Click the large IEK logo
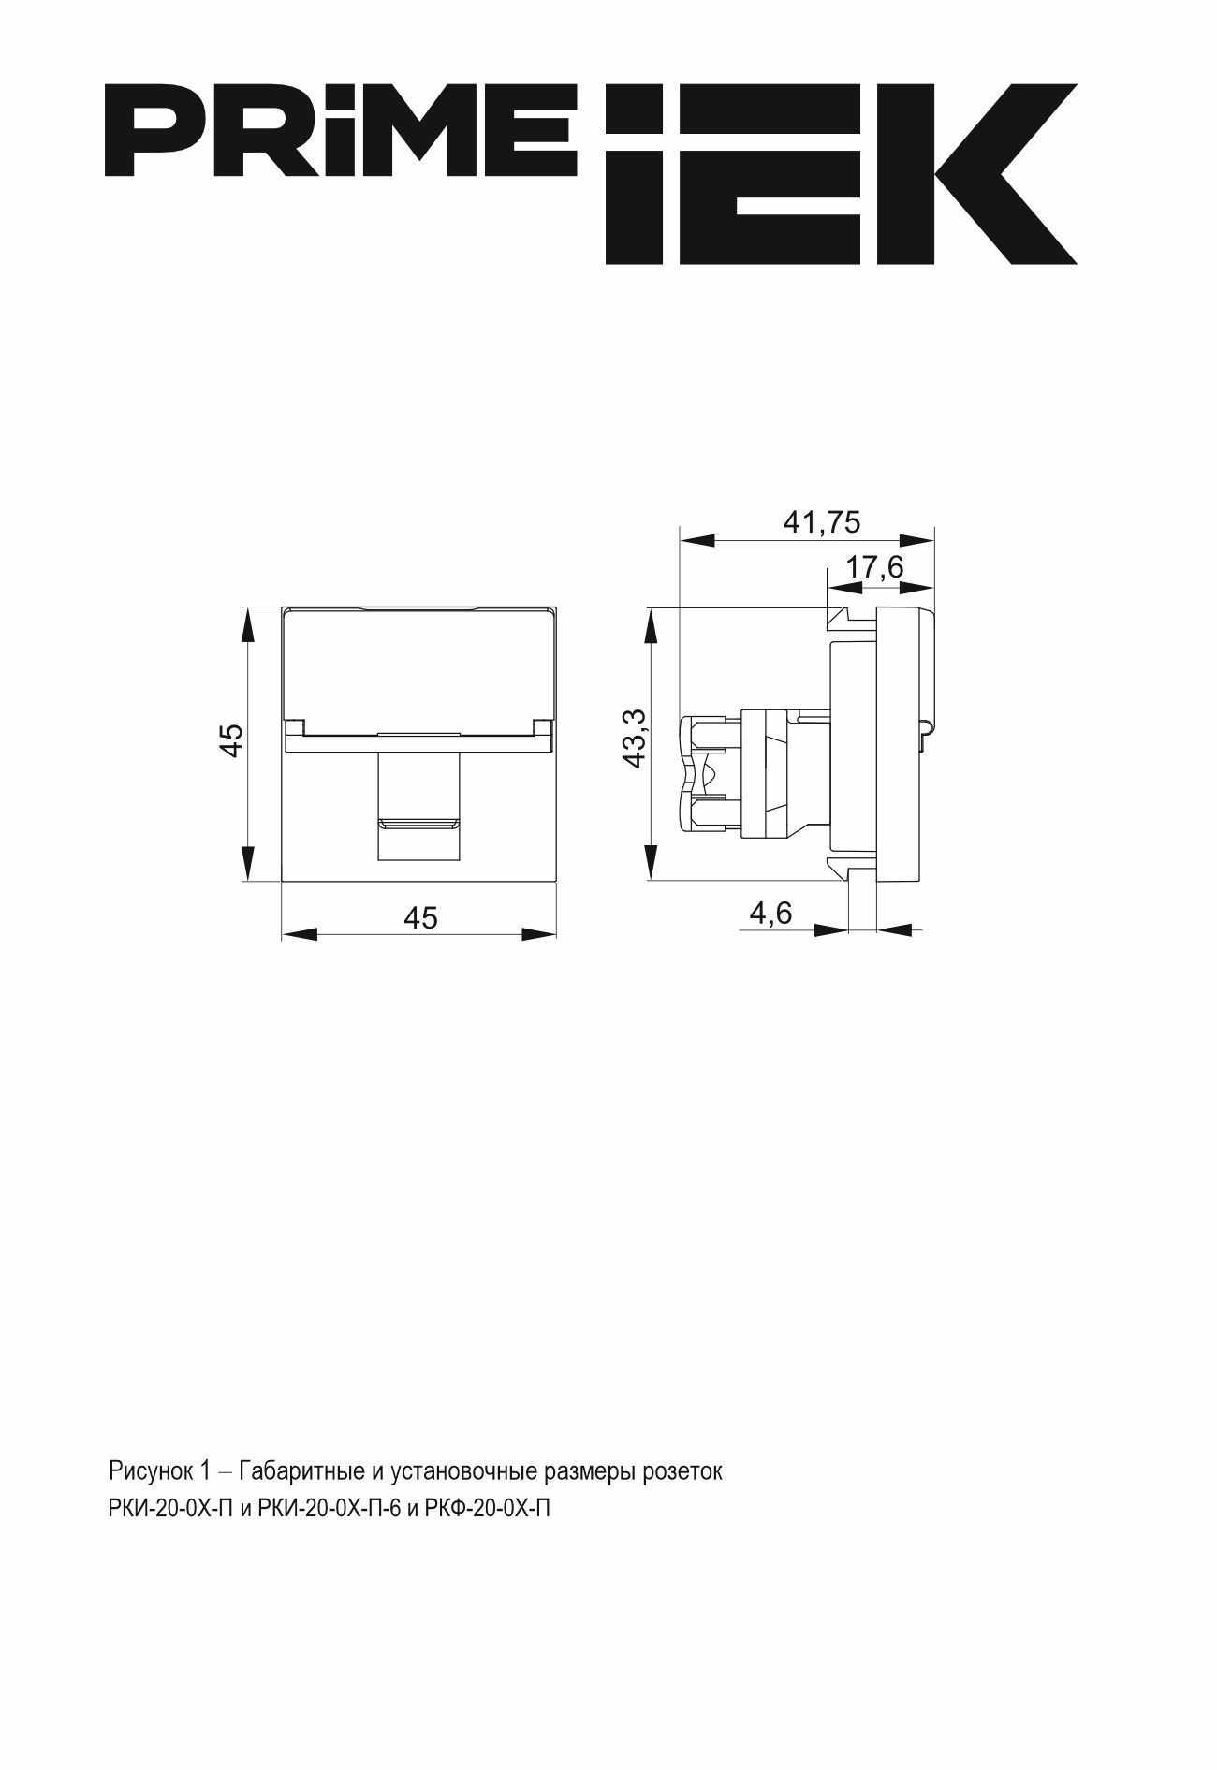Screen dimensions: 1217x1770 click(841, 174)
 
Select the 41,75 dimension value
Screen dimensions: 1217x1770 click(821, 522)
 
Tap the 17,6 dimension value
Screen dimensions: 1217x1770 click(874, 567)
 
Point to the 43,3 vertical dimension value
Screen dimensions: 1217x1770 click(636, 739)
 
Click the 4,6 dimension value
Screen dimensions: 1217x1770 click(770, 912)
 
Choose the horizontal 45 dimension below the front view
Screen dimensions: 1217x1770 click(420, 918)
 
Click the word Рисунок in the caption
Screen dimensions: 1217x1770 click(150, 1472)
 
